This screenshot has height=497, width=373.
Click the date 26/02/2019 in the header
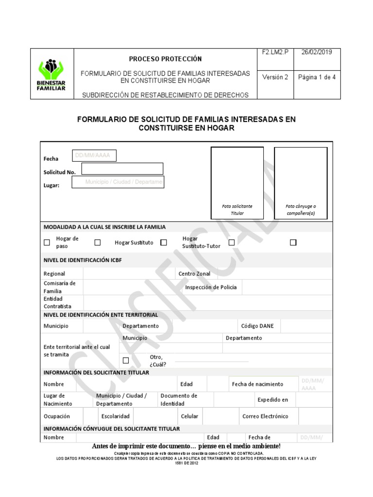317,52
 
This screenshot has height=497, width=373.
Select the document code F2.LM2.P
275,52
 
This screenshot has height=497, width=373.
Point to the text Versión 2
275,77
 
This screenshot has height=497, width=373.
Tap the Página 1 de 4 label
317,77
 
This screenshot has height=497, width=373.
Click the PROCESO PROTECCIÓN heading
165,59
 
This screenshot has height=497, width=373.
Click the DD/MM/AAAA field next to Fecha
94,156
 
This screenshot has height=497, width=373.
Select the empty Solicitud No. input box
122,169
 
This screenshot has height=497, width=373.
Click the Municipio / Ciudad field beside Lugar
118,182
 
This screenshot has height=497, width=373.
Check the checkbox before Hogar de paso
47,242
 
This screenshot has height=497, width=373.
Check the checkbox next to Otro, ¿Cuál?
126,360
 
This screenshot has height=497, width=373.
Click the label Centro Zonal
194,274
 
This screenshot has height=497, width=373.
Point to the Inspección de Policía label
211,287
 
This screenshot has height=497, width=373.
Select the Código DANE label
257,326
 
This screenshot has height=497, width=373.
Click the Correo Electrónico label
265,416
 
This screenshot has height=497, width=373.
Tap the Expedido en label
272,400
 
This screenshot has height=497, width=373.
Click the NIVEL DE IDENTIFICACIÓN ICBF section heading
83,260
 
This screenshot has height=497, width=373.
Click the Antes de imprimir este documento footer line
186,446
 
